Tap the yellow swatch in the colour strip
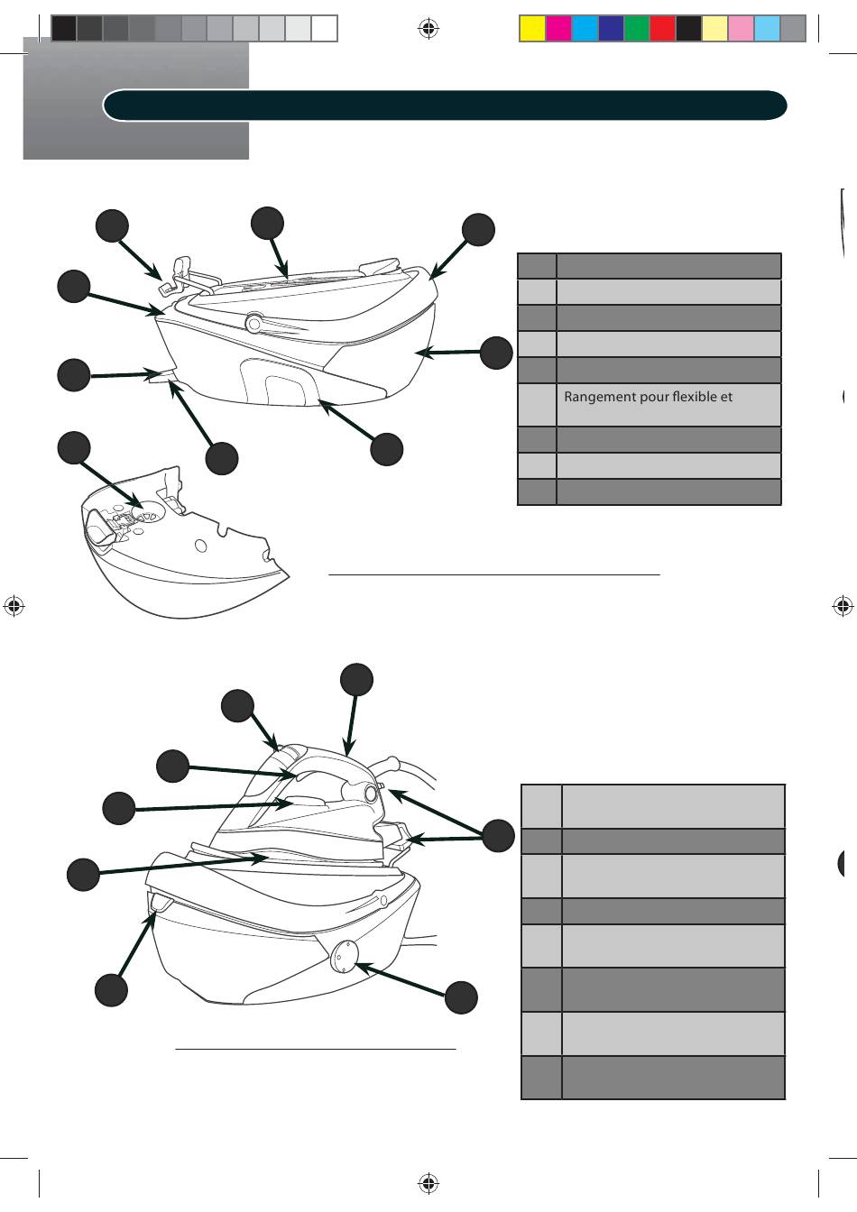[533, 29]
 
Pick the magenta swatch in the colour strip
[558, 29]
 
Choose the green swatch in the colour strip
[637, 29]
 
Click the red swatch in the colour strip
[663, 29]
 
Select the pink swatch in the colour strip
[741, 29]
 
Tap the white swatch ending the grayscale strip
[324, 29]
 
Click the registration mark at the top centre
[428, 28]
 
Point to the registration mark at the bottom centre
[428, 1183]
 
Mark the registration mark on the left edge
[14, 606]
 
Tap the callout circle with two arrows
[498, 836]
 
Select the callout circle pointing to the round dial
[461, 996]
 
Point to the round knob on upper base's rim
[253, 323]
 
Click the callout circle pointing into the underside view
[74, 447]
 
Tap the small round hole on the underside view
[201, 546]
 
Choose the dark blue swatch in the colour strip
[611, 29]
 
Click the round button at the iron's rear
[371, 794]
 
